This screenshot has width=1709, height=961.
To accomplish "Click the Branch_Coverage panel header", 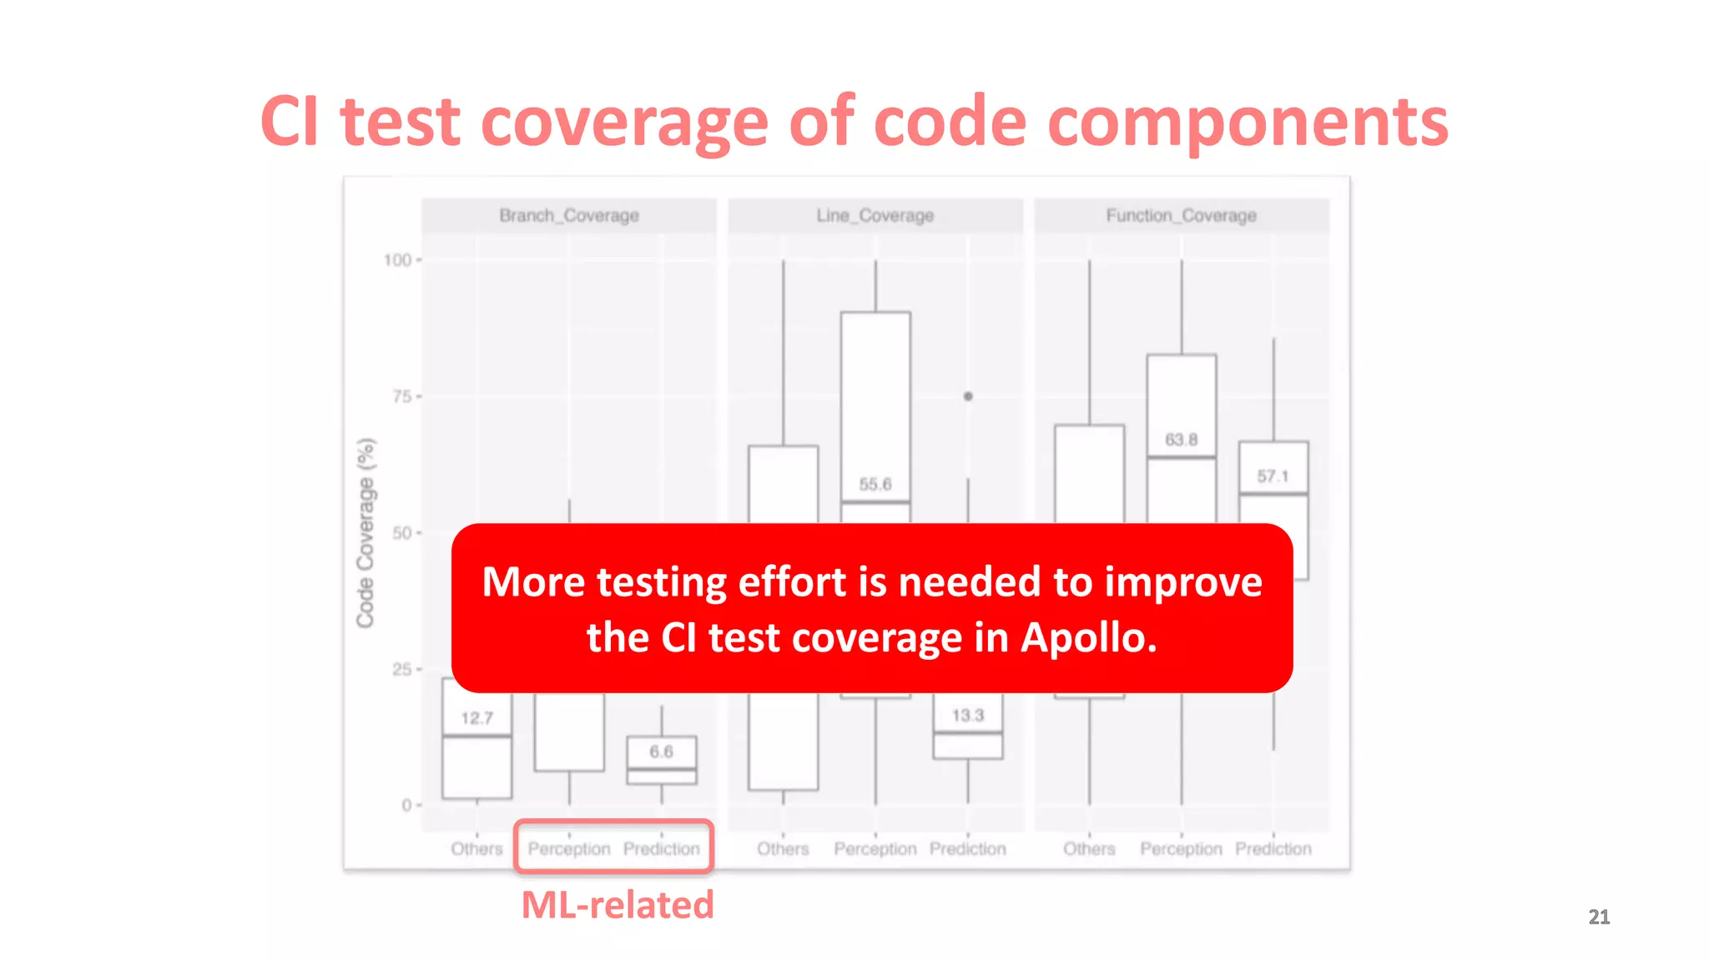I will click(569, 215).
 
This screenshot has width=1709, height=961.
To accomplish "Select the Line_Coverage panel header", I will click(875, 215).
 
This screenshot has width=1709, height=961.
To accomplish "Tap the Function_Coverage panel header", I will click(1181, 215).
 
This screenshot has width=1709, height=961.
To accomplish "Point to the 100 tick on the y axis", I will click(398, 260).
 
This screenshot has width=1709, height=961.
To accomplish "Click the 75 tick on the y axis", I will click(402, 396).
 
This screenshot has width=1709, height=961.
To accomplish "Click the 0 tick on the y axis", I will click(406, 805).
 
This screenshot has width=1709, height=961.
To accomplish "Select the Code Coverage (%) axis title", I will click(365, 532).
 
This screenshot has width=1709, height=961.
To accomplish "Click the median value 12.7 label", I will click(476, 718).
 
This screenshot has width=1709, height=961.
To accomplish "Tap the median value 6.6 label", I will click(661, 752).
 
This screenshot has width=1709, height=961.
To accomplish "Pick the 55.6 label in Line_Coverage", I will click(875, 484).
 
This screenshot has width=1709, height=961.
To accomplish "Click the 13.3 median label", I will click(968, 715).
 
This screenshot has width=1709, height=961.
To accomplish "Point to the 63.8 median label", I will click(1181, 440).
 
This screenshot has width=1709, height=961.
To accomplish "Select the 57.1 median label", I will click(1273, 476).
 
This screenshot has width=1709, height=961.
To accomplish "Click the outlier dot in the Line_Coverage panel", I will click(968, 396).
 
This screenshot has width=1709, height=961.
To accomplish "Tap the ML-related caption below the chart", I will click(618, 905).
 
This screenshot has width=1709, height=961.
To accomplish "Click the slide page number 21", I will click(1599, 917).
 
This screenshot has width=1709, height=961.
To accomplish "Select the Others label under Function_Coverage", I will click(1089, 848).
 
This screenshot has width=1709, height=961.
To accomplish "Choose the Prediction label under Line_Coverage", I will click(968, 848).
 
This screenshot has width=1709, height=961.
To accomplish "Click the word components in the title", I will click(1248, 123).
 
